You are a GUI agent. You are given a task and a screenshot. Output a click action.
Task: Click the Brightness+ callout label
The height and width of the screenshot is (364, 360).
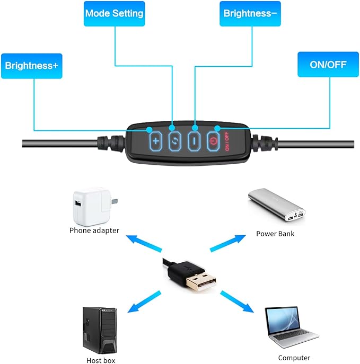tap(32, 66)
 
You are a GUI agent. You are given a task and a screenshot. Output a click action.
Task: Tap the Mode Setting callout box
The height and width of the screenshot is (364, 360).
tap(114, 13)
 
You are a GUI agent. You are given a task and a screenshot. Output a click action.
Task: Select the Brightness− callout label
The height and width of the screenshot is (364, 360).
tap(250, 13)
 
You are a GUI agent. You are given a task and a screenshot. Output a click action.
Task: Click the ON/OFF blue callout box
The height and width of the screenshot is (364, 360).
tap(328, 65)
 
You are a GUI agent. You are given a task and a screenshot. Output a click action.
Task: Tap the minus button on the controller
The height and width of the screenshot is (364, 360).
tap(195, 141)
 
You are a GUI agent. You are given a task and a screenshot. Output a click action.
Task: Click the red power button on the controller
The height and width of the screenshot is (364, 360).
tap(213, 141)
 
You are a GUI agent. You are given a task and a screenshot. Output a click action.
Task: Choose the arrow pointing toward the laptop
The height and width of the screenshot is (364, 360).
tap(236, 302)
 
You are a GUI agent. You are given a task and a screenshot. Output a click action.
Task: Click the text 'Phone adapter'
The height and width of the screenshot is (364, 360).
tap(94, 230)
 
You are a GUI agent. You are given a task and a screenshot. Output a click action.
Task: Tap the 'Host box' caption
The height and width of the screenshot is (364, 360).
tap(101, 360)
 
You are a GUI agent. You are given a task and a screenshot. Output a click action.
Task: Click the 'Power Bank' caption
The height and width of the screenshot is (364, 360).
tap(275, 233)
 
